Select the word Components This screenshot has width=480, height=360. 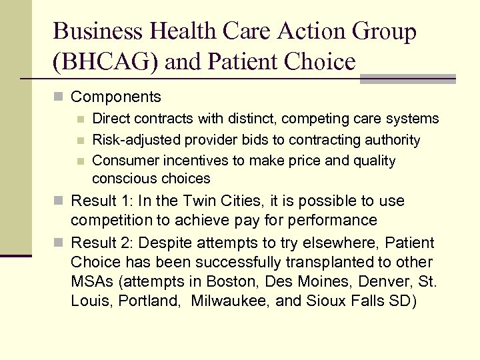(x=116, y=97)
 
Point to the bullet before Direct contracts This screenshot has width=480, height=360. (x=81, y=119)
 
